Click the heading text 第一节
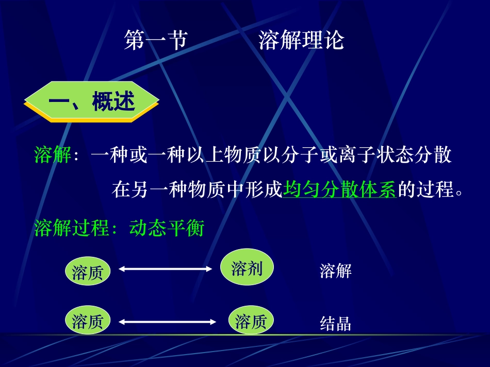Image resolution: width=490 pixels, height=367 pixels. (156, 41)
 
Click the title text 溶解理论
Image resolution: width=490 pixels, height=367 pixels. (301, 41)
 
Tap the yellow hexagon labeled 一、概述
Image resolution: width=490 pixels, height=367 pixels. (91, 102)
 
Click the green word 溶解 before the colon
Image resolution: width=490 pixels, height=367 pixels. (53, 155)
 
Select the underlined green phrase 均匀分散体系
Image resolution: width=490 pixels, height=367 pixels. (339, 190)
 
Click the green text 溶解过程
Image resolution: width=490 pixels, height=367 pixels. (72, 228)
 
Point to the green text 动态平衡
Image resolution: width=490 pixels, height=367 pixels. (167, 228)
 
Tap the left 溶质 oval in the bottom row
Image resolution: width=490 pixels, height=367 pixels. (88, 321)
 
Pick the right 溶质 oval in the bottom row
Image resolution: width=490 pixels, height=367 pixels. (251, 322)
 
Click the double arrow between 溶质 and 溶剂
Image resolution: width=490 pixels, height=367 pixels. (165, 269)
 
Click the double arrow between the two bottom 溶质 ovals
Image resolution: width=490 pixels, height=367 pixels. (168, 322)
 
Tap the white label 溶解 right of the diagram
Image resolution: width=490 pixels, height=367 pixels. (335, 271)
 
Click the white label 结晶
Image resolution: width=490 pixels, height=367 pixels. (335, 323)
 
